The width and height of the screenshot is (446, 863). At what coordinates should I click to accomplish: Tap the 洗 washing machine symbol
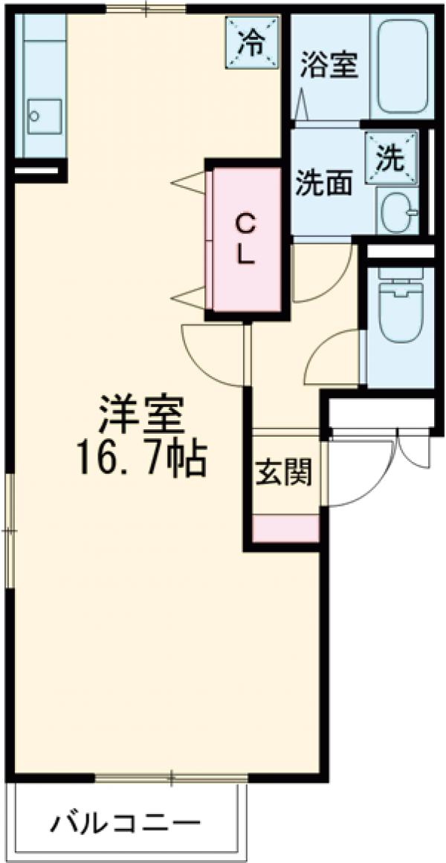point(391,157)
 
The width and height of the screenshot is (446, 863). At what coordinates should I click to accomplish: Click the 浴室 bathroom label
point(329,65)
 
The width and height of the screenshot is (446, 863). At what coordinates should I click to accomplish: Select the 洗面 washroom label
point(324,183)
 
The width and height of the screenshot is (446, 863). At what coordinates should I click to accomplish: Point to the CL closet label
point(246,238)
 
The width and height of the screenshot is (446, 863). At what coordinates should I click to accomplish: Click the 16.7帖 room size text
point(140,460)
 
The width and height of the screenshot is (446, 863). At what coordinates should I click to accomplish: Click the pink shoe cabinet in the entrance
point(285,528)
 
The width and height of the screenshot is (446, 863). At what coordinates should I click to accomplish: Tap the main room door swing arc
point(213,356)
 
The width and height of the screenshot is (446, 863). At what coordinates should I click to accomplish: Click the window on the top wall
point(146,10)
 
